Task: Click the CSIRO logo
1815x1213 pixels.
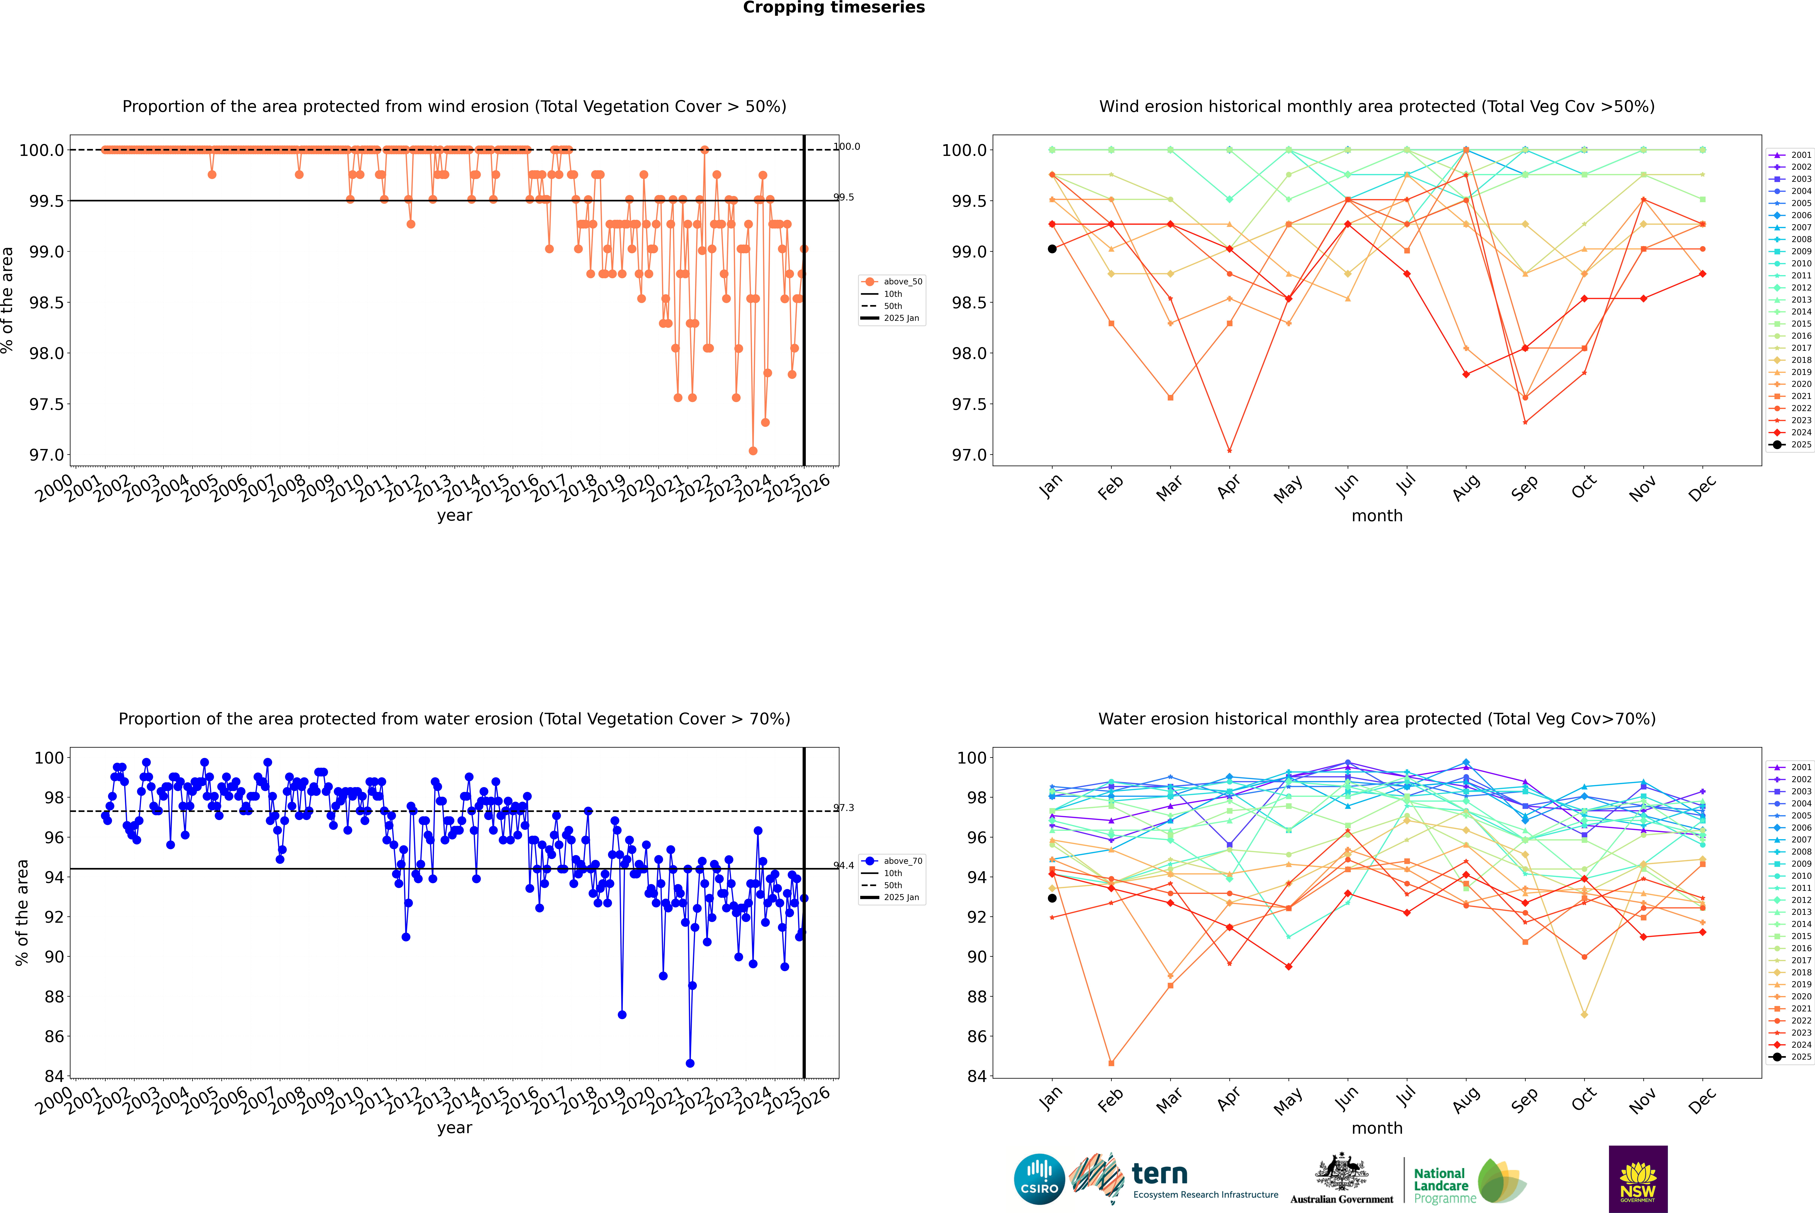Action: pyautogui.click(x=1039, y=1179)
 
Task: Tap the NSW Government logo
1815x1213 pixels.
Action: pyautogui.click(x=1638, y=1179)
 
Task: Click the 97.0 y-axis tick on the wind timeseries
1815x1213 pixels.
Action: pyautogui.click(x=46, y=455)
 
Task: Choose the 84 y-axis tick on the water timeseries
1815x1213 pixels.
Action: pyautogui.click(x=54, y=1076)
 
